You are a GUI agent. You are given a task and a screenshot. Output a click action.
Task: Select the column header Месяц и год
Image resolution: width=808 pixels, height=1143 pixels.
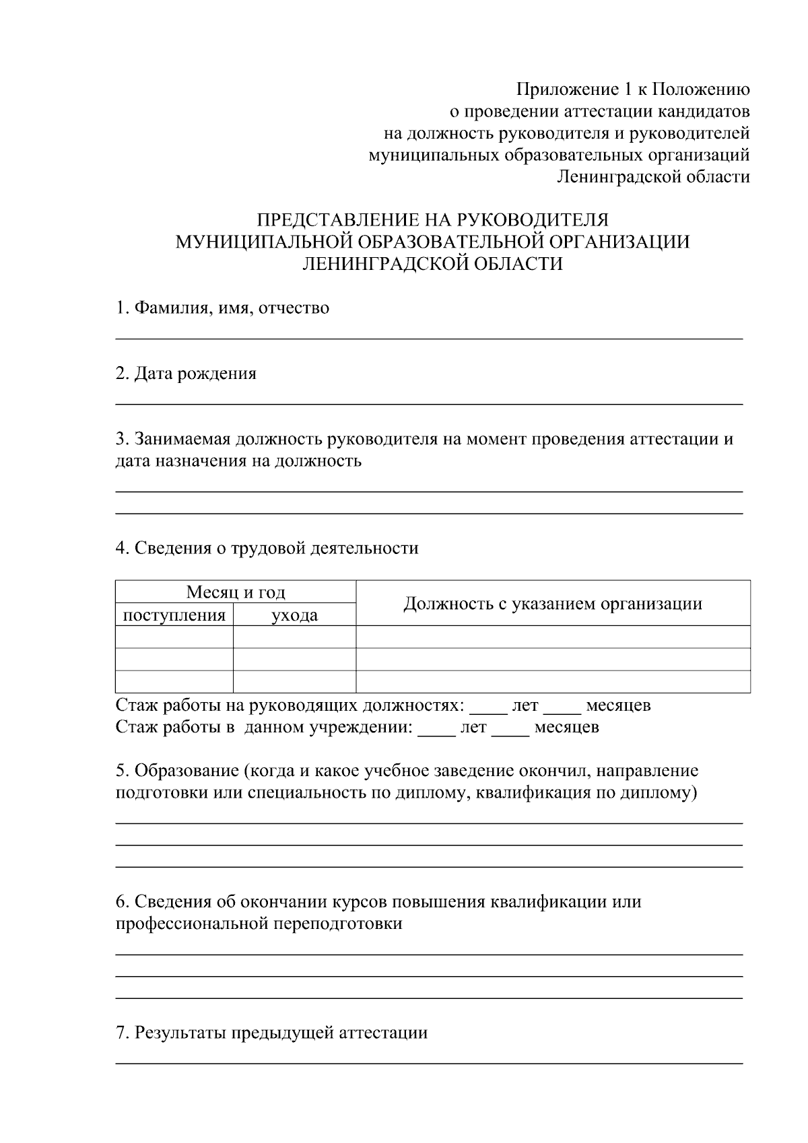tap(235, 592)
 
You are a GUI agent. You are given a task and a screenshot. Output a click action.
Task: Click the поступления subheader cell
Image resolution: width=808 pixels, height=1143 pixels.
tap(174, 615)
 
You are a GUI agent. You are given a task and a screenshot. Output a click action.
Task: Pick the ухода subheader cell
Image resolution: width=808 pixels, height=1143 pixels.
tap(294, 615)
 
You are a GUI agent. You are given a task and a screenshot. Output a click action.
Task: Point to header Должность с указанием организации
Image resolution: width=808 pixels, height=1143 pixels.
tap(552, 604)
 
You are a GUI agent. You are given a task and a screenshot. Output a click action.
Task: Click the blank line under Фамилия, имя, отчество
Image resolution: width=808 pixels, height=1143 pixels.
tap(429, 338)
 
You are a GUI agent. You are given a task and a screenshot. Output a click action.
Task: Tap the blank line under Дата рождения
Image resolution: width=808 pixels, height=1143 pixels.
tap(429, 403)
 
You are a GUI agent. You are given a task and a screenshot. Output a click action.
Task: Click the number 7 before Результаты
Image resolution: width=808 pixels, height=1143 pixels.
tap(121, 1033)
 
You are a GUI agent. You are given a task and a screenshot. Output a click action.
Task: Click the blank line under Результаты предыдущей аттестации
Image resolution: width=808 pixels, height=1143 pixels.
tap(429, 1063)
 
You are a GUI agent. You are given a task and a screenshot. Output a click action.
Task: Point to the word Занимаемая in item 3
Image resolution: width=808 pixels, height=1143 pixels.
tap(183, 440)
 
